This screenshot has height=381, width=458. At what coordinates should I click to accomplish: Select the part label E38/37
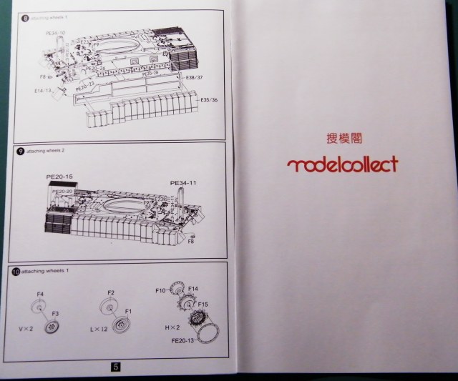click(x=194, y=76)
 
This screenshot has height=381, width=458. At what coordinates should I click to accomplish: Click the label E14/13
click(x=43, y=91)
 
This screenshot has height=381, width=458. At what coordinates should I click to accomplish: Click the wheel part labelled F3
click(x=52, y=327)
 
